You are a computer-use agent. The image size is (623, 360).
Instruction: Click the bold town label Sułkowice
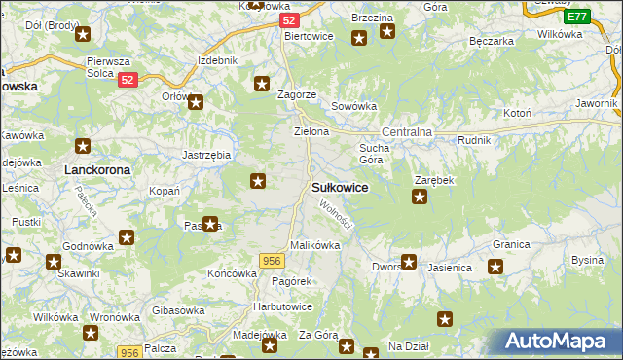click(339, 187)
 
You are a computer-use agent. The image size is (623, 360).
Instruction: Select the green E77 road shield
click(576, 17)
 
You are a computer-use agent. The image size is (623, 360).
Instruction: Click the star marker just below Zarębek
click(420, 198)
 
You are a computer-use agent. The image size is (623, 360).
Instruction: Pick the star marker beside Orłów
click(196, 101)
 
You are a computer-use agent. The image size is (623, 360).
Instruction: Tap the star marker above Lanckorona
click(84, 147)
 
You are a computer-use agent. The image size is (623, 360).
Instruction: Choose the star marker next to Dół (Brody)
click(82, 36)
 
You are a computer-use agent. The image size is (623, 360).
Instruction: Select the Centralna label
click(406, 130)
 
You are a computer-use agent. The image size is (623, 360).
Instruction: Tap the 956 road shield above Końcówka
click(272, 260)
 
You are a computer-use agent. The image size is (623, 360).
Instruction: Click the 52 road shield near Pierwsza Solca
click(128, 82)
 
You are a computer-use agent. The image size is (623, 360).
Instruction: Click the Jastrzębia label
click(206, 155)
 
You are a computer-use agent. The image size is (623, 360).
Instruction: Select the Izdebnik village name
click(217, 60)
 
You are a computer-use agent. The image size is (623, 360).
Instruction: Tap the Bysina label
click(588, 260)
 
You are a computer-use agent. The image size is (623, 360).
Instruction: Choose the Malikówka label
click(314, 245)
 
